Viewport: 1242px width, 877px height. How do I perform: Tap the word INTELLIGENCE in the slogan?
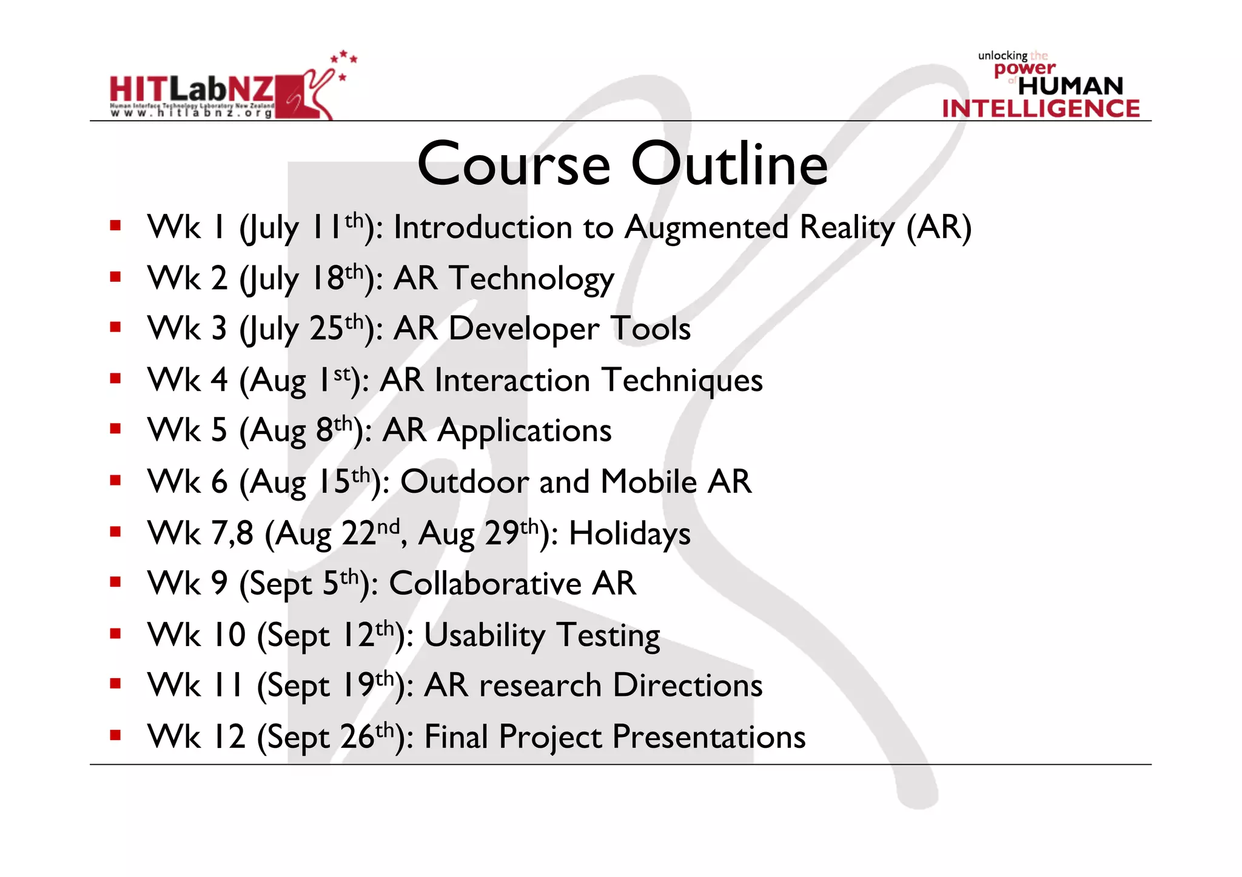[1041, 108]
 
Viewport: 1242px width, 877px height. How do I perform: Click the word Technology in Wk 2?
[531, 279]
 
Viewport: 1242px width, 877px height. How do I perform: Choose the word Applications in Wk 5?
[525, 431]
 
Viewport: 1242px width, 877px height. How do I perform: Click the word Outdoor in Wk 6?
[465, 482]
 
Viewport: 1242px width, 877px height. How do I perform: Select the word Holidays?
[629, 534]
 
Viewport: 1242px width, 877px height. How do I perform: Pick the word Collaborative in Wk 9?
[485, 584]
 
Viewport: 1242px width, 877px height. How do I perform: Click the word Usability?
[485, 635]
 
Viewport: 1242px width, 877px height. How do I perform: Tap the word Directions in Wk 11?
[687, 685]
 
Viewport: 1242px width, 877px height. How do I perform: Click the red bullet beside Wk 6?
[115, 481]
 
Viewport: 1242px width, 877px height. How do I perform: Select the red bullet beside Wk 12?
[115, 736]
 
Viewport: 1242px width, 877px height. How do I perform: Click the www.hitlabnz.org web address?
[191, 113]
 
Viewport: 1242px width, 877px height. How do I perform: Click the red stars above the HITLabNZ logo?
[344, 60]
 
